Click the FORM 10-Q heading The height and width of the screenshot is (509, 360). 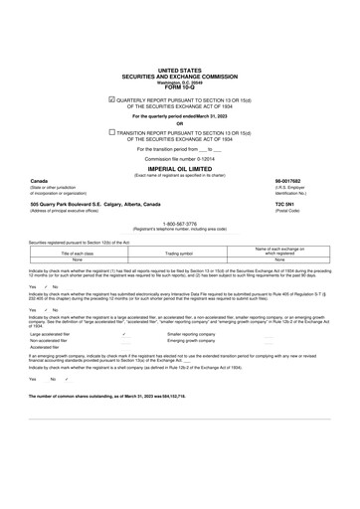coord(179,87)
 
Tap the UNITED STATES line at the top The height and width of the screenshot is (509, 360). coord(179,72)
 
